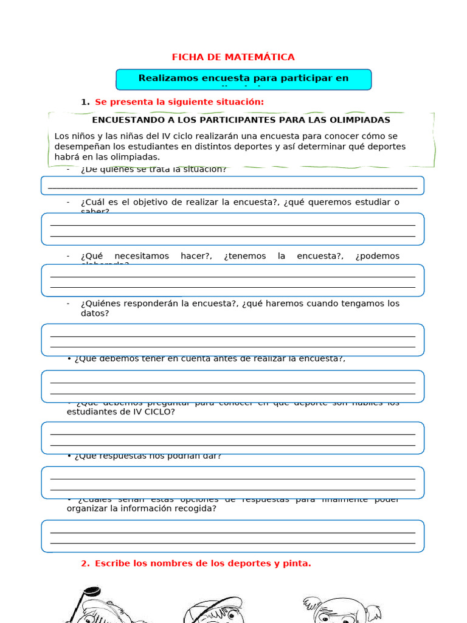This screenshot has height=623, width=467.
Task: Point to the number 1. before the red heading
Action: (x=85, y=102)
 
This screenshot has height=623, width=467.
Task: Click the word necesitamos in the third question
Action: (x=142, y=256)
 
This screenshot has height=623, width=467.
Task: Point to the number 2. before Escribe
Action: (x=85, y=563)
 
